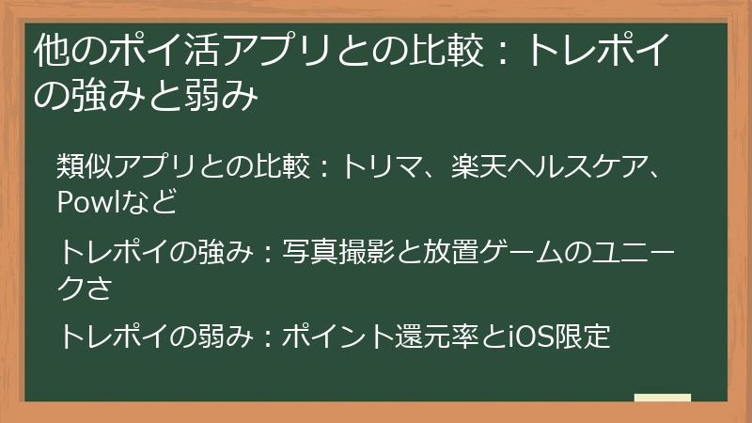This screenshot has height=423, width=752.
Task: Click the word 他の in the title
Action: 63,53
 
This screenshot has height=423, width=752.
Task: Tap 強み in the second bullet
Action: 222,252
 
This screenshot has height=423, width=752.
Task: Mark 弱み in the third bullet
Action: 222,336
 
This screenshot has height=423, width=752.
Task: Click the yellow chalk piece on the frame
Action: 662,398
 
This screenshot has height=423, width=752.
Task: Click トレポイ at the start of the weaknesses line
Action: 113,336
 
